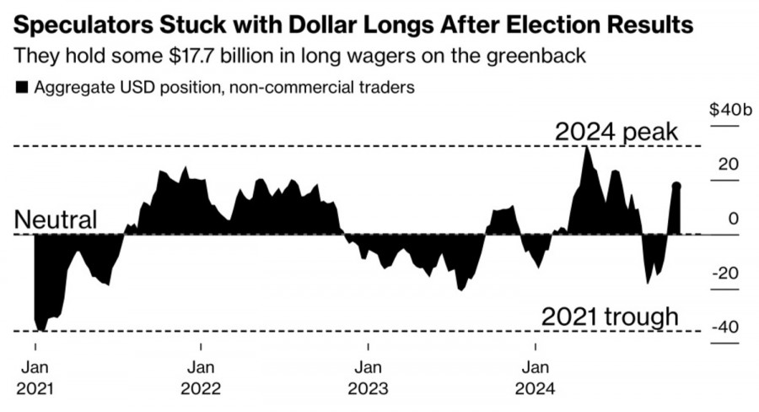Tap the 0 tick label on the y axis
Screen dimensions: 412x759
point(733,219)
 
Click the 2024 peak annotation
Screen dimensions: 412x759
point(616,133)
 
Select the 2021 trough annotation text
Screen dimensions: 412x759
point(610,317)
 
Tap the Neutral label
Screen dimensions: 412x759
point(56,220)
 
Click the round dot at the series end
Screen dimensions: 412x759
point(676,186)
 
